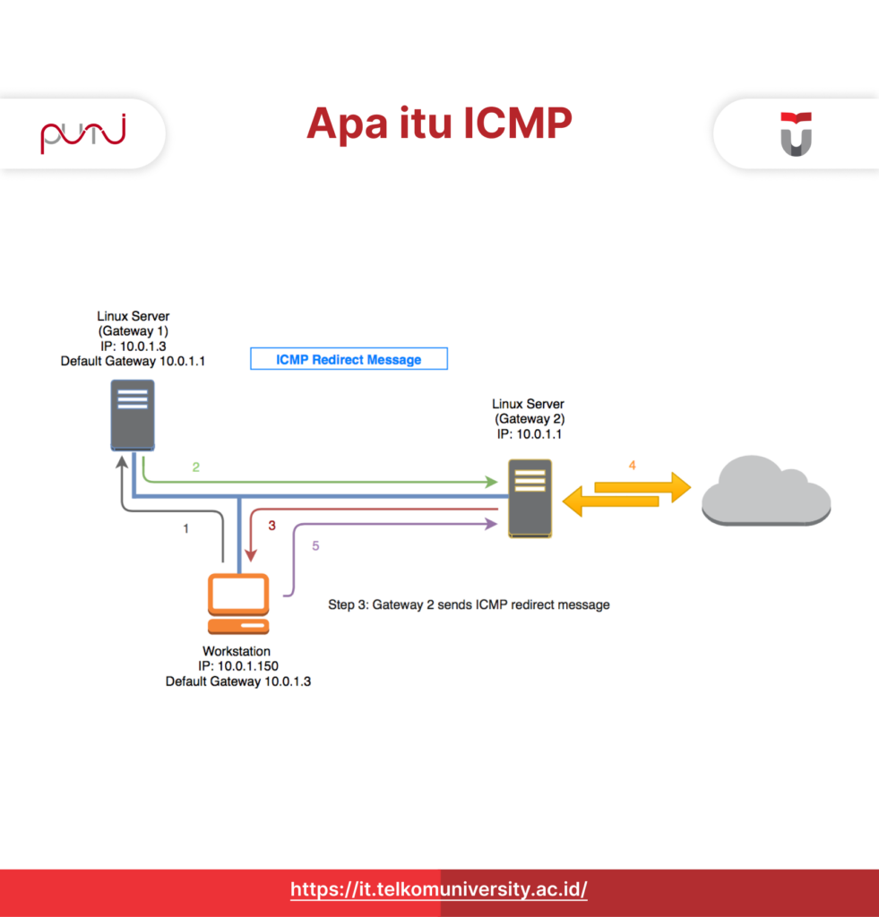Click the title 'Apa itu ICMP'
tap(439, 124)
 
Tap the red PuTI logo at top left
tap(82, 134)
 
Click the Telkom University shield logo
tap(795, 133)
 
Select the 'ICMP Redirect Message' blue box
tap(348, 359)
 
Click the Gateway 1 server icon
tap(133, 415)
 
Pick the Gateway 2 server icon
tap(530, 497)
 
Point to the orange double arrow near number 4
tap(626, 492)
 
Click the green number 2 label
tap(194, 467)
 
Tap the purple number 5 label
tap(315, 545)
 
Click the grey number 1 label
tap(185, 528)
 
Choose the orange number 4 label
tap(632, 465)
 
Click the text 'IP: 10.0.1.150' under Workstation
tap(236, 666)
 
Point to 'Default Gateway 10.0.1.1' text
tap(133, 361)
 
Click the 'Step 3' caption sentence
tap(469, 604)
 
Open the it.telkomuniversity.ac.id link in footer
tap(439, 890)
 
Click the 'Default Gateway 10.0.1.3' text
tap(237, 681)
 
